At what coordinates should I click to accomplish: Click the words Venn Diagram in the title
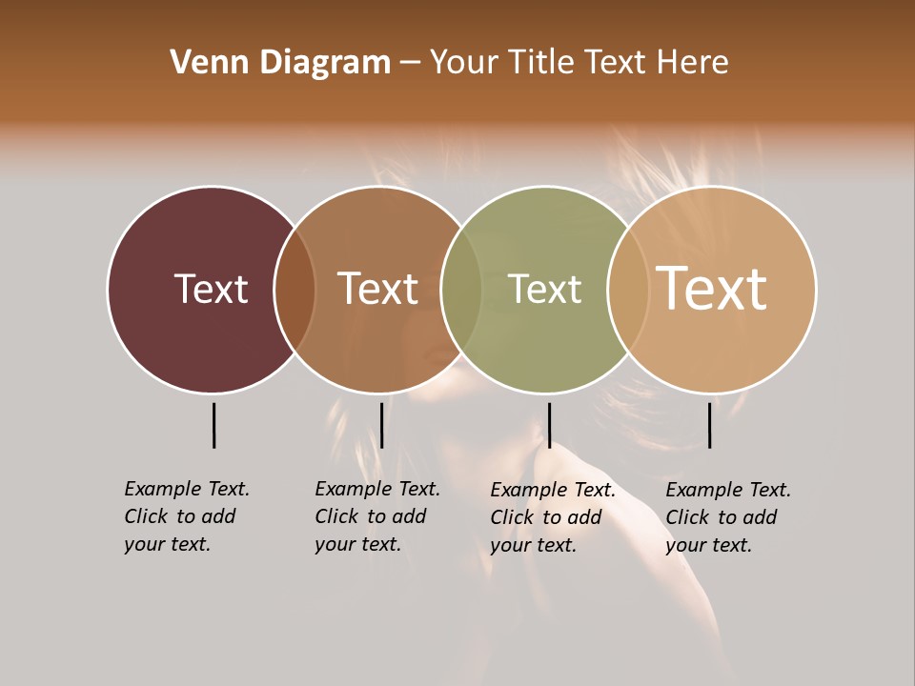click(x=280, y=63)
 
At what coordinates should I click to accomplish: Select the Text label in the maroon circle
click(x=211, y=289)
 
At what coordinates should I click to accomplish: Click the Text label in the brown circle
click(x=377, y=289)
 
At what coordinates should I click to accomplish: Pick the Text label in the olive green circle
click(x=544, y=290)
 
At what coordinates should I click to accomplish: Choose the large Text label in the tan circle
click(x=711, y=288)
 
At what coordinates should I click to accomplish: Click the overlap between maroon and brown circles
click(x=295, y=290)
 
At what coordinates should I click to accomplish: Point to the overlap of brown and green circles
click(x=461, y=290)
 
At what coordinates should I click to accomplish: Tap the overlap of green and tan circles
click(x=627, y=290)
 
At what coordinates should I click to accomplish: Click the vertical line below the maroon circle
click(x=213, y=425)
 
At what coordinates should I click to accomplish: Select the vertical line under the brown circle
click(x=381, y=425)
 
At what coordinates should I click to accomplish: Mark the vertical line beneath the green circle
click(x=549, y=425)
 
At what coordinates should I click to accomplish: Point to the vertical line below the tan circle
click(x=709, y=425)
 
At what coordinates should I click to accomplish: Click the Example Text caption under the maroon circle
click(x=186, y=516)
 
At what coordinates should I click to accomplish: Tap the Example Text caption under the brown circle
click(x=376, y=516)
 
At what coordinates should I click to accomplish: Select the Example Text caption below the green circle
click(x=552, y=517)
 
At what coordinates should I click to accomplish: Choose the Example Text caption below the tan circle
click(x=727, y=517)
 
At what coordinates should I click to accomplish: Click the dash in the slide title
click(x=410, y=64)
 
